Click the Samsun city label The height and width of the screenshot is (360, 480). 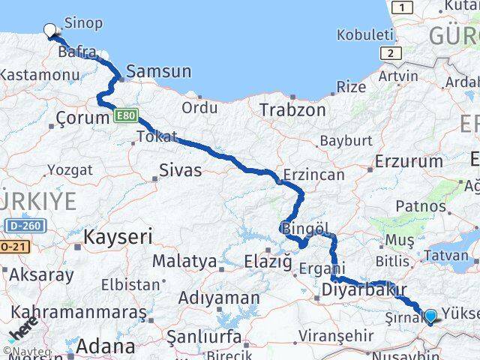click(158, 72)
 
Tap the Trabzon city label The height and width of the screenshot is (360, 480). click(292, 109)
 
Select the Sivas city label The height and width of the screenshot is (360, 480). click(180, 170)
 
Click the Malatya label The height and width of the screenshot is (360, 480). click(184, 262)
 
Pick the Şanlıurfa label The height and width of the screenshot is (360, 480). click(205, 334)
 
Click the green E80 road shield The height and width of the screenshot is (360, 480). click(125, 115)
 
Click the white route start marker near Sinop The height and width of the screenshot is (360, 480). click(50, 31)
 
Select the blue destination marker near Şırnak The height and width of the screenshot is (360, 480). click(430, 316)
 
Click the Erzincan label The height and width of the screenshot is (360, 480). click(313, 175)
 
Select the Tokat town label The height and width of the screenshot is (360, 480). click(157, 136)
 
